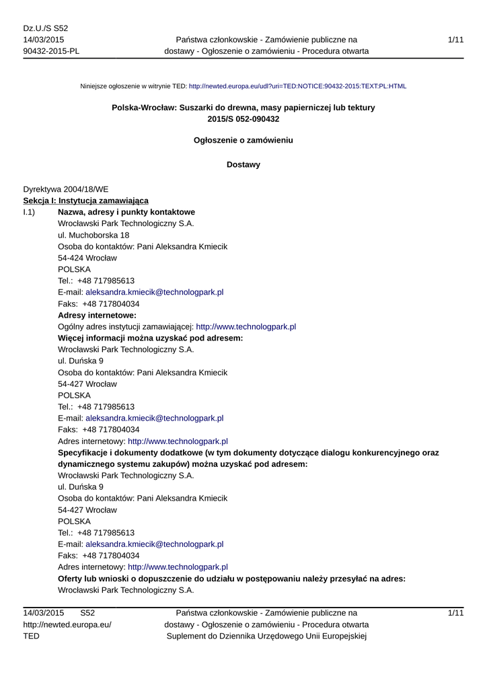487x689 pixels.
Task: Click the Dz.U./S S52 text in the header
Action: coord(46,28)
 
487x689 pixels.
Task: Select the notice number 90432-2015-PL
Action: coord(51,51)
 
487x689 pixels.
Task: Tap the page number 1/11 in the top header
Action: coord(455,40)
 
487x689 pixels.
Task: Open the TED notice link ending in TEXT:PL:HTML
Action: coord(297,87)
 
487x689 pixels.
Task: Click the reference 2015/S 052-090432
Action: coord(243,119)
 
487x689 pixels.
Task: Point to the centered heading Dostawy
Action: coord(243,165)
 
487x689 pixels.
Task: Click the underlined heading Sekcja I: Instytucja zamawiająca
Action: coord(86,201)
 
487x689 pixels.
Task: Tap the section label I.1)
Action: coord(30,213)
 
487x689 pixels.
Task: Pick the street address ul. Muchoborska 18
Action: coord(94,235)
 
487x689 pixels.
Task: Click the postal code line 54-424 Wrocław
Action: coord(87,258)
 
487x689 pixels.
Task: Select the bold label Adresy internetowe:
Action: coord(98,316)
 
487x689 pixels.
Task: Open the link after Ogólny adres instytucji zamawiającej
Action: coord(246,327)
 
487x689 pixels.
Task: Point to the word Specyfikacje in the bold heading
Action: coord(84,453)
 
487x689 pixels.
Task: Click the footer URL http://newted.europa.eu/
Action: coord(67,624)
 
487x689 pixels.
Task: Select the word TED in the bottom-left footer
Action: coord(32,636)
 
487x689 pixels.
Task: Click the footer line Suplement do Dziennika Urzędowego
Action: coord(266,636)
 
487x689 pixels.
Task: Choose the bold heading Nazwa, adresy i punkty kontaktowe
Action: coord(126,213)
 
